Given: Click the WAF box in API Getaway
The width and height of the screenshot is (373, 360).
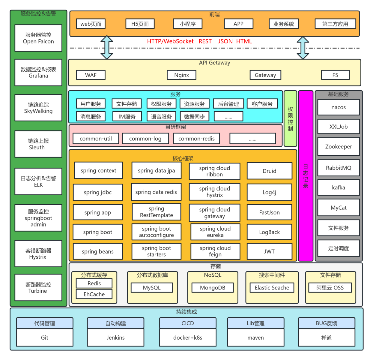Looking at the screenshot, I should point(91,75).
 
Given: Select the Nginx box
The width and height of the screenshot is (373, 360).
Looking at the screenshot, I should point(181,75).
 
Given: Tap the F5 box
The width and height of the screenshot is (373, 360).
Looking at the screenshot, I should point(335,75).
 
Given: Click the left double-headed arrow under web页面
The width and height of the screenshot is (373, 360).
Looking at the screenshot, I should point(107,47).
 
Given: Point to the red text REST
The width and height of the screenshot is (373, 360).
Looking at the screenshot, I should point(205,41).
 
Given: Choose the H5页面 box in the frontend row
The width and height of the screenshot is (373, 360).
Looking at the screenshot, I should point(140,24).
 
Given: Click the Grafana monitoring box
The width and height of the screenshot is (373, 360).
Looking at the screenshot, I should point(38,73).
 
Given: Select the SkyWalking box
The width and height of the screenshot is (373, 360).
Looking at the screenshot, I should point(38,108).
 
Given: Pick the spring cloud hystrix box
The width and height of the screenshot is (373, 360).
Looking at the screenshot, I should point(214,192).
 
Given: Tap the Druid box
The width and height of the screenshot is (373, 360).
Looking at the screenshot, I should point(269,171).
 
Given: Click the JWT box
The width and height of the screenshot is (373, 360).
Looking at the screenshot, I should point(269,251).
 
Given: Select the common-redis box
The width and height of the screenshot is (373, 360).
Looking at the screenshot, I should point(196,139).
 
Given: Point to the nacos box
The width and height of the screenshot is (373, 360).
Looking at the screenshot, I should point(339,107).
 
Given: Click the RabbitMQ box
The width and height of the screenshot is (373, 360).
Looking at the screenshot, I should point(339,168).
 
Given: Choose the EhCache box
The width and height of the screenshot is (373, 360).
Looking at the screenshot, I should point(94,294).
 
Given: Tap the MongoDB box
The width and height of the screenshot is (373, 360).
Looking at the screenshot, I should point(213,288).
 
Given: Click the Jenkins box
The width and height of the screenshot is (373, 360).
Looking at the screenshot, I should point(115,337).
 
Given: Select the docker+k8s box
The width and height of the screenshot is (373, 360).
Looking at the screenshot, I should point(188,337).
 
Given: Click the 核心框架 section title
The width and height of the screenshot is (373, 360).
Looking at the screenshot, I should point(183,158).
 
